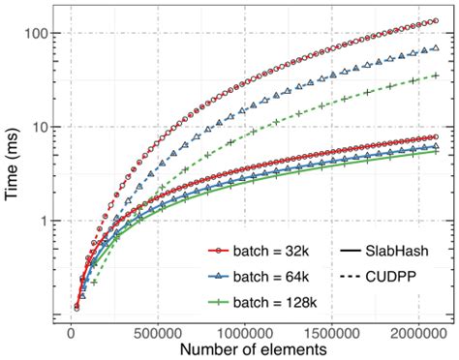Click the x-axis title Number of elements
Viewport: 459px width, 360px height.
[x=250, y=347]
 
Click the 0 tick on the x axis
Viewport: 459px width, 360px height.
[x=71, y=328]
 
